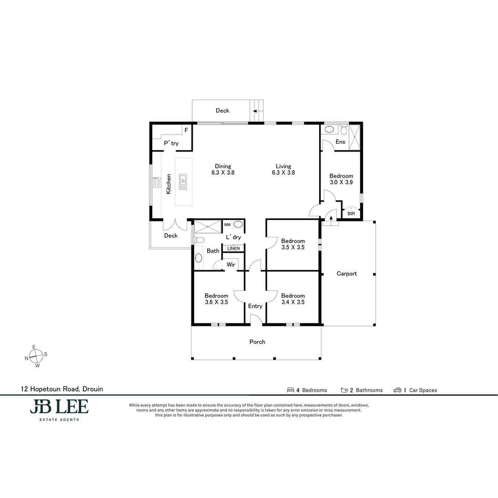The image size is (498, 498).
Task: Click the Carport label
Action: [346, 273]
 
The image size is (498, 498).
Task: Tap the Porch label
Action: [257, 342]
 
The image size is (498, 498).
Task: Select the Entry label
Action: [255, 306]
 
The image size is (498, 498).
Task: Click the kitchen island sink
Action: [183, 182]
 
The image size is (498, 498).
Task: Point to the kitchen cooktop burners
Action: [156, 183]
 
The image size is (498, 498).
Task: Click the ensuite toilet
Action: [344, 130]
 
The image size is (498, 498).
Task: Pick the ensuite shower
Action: [354, 137]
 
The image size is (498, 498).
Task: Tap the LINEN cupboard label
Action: [233, 249]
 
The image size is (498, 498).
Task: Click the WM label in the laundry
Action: [227, 225]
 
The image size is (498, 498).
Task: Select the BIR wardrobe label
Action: [351, 214]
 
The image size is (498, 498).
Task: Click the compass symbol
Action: [36, 356]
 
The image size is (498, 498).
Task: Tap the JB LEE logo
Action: [59, 409]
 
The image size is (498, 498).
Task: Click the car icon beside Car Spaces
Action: [397, 390]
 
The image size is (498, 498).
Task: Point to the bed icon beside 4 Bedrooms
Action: [290, 390]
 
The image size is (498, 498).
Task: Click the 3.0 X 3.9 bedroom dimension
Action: [341, 182]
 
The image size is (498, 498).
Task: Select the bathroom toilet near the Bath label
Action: [199, 240]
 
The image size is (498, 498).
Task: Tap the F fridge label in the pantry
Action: [186, 130]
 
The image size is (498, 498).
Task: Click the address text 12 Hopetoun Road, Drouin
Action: [62, 389]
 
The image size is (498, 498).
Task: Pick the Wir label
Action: [231, 265]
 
